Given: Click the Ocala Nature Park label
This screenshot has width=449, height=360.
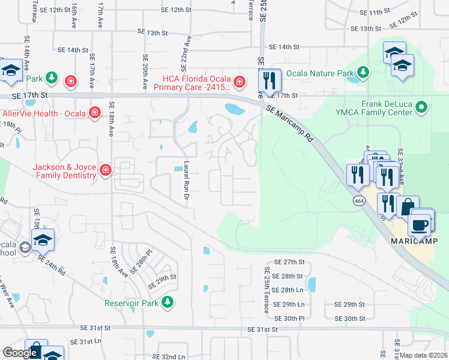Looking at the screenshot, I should coord(320,74).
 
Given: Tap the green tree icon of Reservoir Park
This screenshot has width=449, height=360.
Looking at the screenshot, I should coord(170,302).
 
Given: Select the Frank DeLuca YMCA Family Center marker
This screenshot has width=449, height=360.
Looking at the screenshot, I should coord(422,109).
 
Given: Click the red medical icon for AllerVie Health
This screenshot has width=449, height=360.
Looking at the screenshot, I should coord(94,112).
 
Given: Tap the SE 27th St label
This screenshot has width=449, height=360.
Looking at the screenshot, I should coord(290,262).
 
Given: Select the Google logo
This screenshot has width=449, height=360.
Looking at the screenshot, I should coord(20,353).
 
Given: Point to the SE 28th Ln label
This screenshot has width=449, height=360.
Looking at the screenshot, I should coord(289,290).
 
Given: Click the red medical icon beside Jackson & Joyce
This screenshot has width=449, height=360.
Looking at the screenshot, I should coord(106,171).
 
